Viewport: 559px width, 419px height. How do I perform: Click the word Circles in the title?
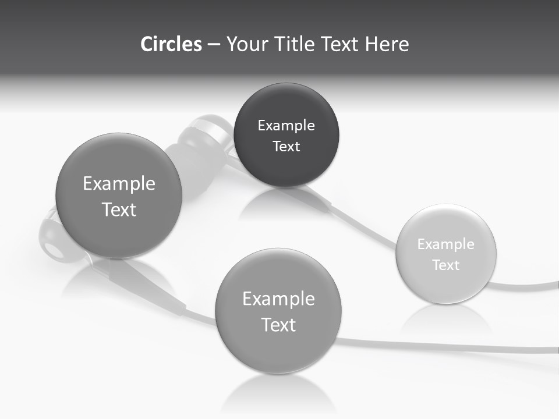click(171, 44)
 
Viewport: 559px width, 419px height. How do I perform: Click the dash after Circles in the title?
click(214, 45)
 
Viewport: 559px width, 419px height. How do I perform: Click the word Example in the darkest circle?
click(286, 126)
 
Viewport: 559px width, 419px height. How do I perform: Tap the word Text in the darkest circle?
click(286, 147)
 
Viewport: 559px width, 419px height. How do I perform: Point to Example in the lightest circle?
click(445, 244)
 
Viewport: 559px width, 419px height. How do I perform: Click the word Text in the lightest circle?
click(445, 265)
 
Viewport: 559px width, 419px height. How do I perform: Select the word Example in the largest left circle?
click(119, 184)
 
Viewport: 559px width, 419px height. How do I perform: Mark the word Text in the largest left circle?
click(119, 210)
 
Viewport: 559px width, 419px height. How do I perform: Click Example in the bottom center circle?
click(278, 299)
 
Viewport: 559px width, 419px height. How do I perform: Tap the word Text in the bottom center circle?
click(278, 325)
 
